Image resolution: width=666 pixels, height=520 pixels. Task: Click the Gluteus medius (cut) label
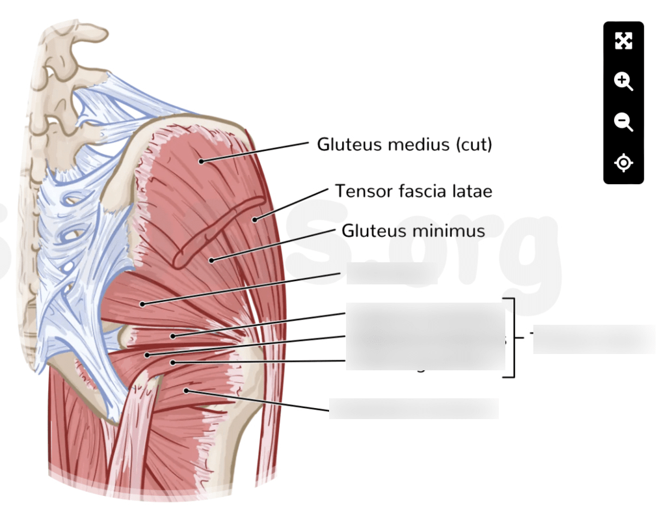click(404, 144)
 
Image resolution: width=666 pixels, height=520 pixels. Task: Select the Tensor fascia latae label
click(413, 191)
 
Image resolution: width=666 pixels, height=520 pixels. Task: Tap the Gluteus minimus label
click(413, 230)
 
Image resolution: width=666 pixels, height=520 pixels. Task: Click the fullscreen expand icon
click(623, 42)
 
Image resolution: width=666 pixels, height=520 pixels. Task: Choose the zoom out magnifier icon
click(623, 122)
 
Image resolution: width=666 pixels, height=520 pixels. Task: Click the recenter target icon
click(623, 162)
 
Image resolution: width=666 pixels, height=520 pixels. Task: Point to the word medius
click(408, 144)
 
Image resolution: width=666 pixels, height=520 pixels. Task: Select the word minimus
click(453, 230)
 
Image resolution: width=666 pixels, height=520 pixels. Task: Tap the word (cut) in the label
click(474, 144)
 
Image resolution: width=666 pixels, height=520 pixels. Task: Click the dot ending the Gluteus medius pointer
click(202, 161)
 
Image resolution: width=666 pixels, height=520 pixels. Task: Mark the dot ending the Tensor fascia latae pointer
click(255, 219)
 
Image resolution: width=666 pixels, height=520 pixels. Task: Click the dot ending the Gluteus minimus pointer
click(211, 260)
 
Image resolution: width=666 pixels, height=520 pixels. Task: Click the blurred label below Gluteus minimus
click(392, 274)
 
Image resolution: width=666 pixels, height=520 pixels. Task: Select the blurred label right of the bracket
click(593, 339)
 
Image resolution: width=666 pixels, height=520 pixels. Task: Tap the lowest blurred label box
click(414, 409)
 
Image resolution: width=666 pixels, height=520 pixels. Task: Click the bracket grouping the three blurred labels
click(513, 338)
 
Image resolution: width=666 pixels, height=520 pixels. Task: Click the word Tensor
click(358, 191)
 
